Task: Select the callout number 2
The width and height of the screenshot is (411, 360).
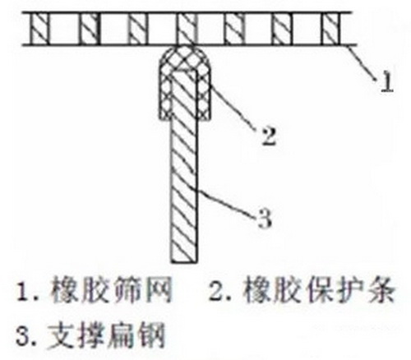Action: coord(269,136)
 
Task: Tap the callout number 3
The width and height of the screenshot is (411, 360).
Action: coord(265,219)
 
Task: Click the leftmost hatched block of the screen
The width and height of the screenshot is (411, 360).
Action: coord(40,29)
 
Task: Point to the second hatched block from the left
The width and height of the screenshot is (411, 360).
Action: coord(90,29)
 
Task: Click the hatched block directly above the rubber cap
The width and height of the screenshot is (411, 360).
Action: coord(187,29)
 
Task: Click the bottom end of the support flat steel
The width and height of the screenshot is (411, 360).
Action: coord(184,261)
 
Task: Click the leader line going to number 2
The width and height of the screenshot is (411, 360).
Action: coord(234,108)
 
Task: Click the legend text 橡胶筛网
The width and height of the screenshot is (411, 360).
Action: coord(111,290)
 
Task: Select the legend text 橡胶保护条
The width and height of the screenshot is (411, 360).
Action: coord(320,290)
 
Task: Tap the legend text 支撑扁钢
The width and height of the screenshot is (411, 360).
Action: coord(106,335)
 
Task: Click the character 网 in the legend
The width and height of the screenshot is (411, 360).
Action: coord(159,290)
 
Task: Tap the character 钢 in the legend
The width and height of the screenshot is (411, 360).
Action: coord(152,335)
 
